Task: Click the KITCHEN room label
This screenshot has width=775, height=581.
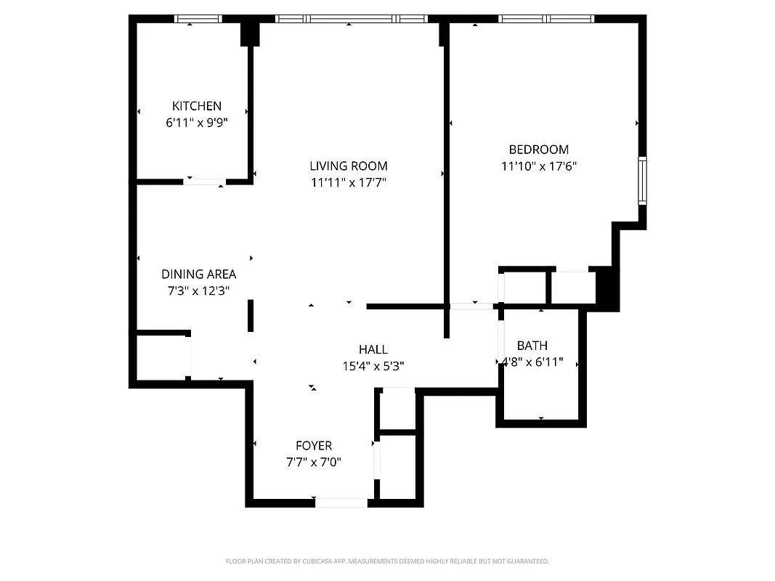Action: point(197,106)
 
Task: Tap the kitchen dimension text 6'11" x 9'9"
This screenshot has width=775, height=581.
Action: point(197,123)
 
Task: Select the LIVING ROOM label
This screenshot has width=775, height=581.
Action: point(349,166)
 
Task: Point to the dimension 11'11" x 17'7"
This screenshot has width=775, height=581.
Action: point(349,183)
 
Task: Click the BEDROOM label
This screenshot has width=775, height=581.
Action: point(538,150)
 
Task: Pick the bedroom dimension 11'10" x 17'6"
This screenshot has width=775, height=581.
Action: point(538,166)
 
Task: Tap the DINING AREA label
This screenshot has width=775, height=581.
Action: point(198,275)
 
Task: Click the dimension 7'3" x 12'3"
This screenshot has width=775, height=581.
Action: point(198,291)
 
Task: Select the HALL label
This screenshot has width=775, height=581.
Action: point(373,350)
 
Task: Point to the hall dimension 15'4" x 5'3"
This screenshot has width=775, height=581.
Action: point(373,367)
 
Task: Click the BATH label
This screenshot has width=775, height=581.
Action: point(532,346)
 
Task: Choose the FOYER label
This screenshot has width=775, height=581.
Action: point(314,446)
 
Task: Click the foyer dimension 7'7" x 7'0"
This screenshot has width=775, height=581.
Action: point(314,463)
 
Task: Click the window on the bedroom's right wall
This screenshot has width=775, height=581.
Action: point(642,180)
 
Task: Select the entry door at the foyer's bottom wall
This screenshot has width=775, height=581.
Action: point(341,503)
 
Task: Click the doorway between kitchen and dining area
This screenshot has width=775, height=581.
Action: point(204,182)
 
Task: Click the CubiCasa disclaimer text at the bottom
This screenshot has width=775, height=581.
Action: point(387,561)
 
